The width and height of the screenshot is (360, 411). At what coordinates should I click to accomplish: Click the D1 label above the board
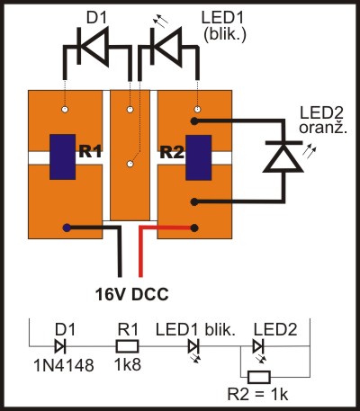click(x=96, y=18)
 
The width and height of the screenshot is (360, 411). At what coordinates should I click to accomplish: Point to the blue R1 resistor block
click(x=62, y=156)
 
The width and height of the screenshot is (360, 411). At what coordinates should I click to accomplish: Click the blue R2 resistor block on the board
click(x=198, y=157)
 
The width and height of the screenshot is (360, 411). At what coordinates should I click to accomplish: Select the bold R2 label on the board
click(x=172, y=151)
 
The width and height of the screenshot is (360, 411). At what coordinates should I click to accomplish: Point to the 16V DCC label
click(x=132, y=294)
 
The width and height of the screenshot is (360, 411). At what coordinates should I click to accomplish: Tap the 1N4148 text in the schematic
click(x=64, y=365)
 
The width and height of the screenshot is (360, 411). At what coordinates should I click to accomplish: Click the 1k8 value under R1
click(x=128, y=365)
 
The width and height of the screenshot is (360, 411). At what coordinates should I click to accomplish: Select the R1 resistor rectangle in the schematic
click(x=128, y=347)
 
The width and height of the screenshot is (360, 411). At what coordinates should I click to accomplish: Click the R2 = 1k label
click(x=257, y=395)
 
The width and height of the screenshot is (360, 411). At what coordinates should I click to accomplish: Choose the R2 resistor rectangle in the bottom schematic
click(x=259, y=377)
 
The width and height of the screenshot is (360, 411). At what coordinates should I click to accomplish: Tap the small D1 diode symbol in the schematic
click(x=60, y=347)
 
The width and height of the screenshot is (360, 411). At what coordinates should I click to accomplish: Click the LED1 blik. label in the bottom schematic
click(x=195, y=330)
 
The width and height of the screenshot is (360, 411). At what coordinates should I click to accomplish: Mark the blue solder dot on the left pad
click(x=67, y=228)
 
